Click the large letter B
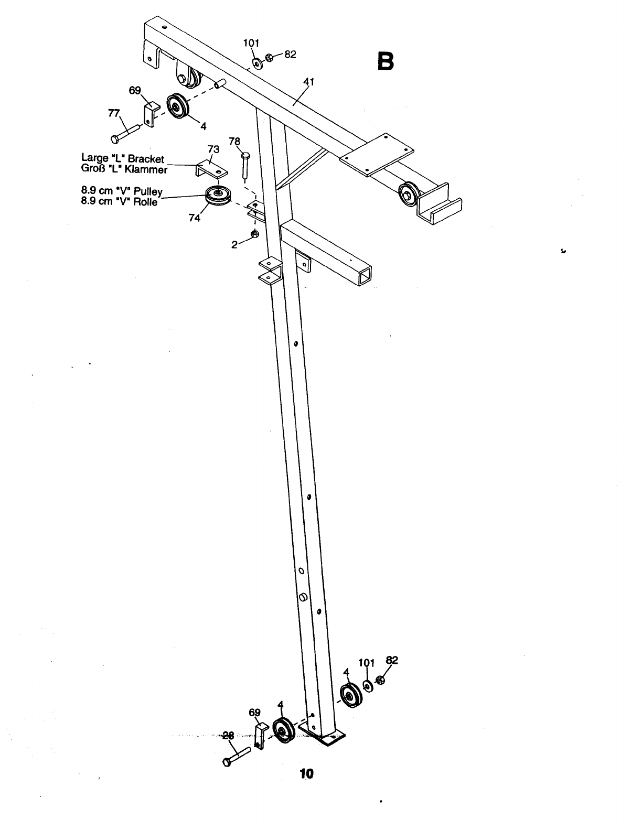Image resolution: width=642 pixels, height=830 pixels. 386,61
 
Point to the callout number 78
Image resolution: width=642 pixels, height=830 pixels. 234,141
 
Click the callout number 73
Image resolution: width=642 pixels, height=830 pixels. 213,149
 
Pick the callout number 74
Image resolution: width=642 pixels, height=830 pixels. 194,219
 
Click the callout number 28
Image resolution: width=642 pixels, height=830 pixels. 228,736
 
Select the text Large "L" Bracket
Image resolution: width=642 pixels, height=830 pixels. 123,158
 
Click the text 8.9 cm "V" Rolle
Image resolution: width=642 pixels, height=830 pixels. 119,202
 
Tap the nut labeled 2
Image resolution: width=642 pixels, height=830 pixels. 255,233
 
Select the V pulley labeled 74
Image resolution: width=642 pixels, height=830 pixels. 217,196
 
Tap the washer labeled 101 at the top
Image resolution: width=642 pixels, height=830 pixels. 258,63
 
